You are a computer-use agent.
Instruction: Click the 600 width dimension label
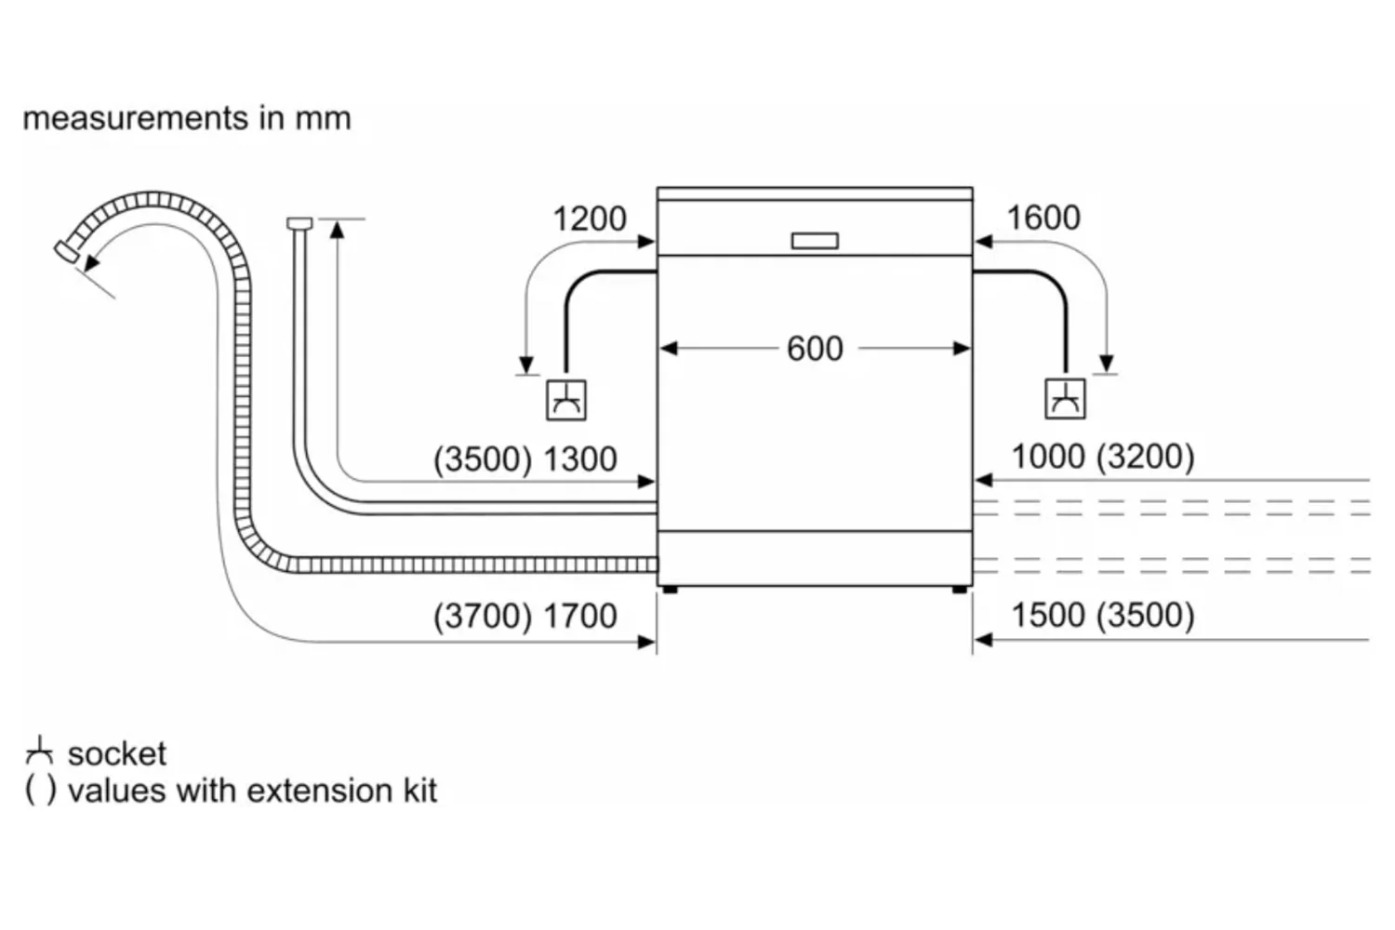coord(815,349)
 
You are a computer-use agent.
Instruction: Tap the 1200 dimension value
coord(590,219)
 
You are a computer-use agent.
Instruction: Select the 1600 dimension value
coord(1043,218)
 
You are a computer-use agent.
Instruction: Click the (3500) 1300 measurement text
coord(525,459)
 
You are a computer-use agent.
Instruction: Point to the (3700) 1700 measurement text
coord(525,616)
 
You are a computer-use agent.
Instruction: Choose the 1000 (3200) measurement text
coord(1103,457)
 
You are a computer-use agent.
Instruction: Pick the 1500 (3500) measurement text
coord(1103,615)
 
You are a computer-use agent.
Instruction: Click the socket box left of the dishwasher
coord(565,400)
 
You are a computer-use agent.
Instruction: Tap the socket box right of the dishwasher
coord(1066,399)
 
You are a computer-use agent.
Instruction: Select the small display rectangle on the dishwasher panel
coord(815,241)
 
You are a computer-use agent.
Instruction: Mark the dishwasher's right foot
coord(959,589)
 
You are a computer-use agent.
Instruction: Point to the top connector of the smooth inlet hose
coord(299,222)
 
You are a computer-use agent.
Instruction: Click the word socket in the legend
coord(117,753)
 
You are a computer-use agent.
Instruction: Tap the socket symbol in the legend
coord(39,750)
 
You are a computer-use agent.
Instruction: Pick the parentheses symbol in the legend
coord(40,790)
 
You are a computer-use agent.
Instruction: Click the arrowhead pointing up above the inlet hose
coord(337,227)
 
